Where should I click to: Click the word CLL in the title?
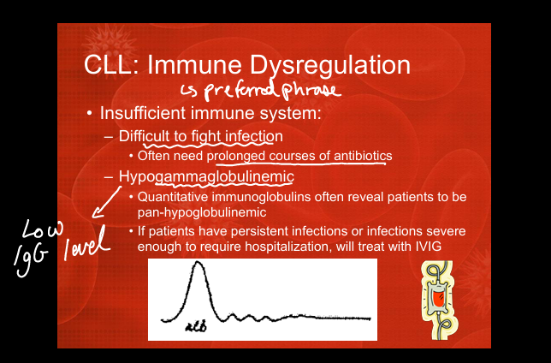pyautogui.click(x=108, y=65)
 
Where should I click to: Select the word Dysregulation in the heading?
pyautogui.click(x=330, y=67)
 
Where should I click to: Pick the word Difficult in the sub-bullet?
pyautogui.click(x=144, y=136)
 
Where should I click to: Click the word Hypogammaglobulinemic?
pyautogui.click(x=206, y=177)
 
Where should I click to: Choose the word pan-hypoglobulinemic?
pyautogui.click(x=202, y=212)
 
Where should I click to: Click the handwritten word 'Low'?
pyautogui.click(x=43, y=229)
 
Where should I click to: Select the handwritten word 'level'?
pyautogui.click(x=86, y=243)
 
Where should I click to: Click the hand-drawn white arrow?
pyautogui.click(x=106, y=202)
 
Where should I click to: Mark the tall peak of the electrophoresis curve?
pyautogui.click(x=198, y=262)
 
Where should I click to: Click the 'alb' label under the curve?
pyautogui.click(x=196, y=327)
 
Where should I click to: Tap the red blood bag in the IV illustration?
pyautogui.click(x=437, y=299)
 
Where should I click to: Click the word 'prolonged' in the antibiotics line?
pyautogui.click(x=237, y=156)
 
